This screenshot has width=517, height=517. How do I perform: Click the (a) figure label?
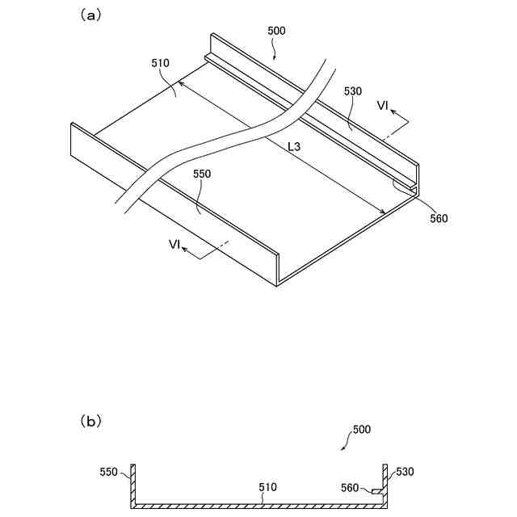point(89,15)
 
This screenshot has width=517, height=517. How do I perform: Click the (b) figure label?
point(90,421)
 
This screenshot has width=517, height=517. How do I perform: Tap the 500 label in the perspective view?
point(275,32)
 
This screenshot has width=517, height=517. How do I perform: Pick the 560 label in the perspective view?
point(439,218)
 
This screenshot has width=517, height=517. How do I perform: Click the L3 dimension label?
point(295,147)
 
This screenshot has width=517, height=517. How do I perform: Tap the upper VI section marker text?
point(383,106)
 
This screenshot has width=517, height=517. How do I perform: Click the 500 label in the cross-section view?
point(361,430)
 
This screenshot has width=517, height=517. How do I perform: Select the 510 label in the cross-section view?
point(267,488)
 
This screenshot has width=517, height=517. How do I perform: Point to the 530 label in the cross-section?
point(404,471)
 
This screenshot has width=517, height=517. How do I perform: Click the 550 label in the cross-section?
point(110,471)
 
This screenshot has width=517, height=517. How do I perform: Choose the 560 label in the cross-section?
point(350,487)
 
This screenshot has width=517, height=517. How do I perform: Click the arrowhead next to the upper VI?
point(406,122)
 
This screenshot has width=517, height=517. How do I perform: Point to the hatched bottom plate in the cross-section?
point(258,505)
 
